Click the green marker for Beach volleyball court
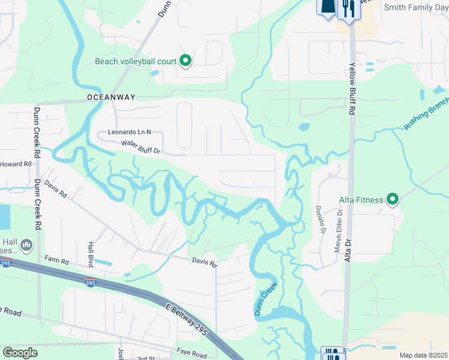185,61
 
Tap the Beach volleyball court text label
136,61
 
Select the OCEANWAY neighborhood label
111,97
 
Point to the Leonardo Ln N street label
129,132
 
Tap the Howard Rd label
16,164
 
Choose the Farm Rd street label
57,261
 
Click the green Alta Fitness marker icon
393,198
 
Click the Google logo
20,353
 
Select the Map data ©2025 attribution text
423,355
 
